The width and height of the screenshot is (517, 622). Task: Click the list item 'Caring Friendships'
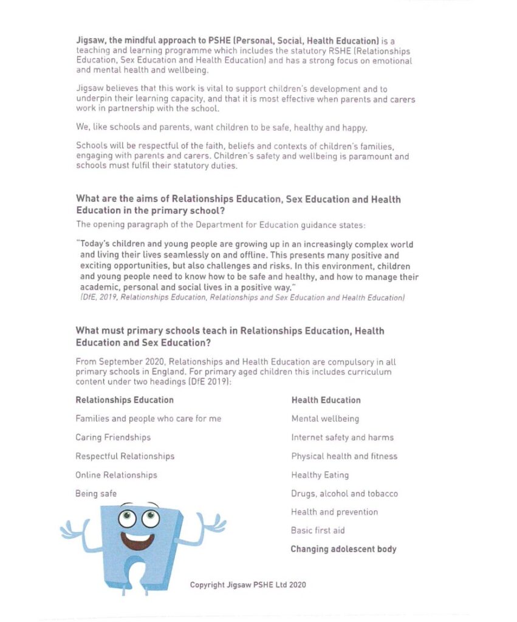113,437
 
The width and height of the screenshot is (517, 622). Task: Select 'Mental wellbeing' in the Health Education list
325,419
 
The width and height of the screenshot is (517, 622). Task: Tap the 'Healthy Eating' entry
320,475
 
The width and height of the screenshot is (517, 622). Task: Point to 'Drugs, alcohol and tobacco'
344,494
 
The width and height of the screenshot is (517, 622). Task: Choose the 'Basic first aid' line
318,531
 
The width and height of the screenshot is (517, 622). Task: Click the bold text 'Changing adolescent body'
343,549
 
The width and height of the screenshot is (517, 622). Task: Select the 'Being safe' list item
96,494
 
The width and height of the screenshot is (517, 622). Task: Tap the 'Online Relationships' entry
116,475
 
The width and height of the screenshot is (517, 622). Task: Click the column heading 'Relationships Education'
125,400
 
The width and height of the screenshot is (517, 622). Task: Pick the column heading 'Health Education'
326,400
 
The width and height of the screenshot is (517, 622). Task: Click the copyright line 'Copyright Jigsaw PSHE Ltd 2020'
248,585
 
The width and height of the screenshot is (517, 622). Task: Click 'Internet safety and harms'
342,437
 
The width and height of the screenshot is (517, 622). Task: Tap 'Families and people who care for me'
148,419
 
